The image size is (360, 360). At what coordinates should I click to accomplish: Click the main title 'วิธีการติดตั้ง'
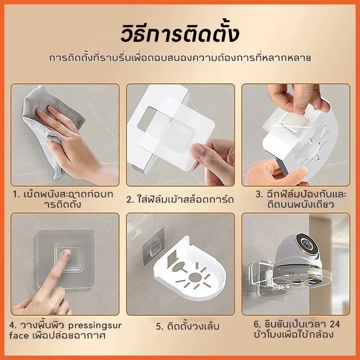[x=180, y=35]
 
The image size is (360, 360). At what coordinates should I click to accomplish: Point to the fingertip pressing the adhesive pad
[x=66, y=253]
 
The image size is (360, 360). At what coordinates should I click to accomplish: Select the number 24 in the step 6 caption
[x=334, y=324]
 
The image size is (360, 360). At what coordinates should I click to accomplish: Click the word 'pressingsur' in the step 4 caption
[x=95, y=326]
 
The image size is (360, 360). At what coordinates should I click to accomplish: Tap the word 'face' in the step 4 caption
[x=19, y=335]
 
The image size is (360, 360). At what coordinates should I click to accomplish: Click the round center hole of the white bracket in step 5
[x=195, y=277]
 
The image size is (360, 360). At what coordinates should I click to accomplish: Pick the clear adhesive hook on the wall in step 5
[x=153, y=247]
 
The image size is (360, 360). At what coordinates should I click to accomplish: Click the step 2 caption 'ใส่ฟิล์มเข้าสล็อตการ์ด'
[x=180, y=199]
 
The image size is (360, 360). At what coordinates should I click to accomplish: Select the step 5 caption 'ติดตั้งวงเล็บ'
[x=188, y=326]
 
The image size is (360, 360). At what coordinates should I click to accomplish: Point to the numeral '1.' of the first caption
[x=17, y=195]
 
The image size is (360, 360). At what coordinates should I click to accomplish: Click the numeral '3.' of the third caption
[x=259, y=194]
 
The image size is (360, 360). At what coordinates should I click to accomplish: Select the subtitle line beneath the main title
[x=180, y=58]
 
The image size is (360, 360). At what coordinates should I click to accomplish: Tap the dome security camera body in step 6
[x=298, y=255]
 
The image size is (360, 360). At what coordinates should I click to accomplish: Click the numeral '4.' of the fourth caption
[x=13, y=325]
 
